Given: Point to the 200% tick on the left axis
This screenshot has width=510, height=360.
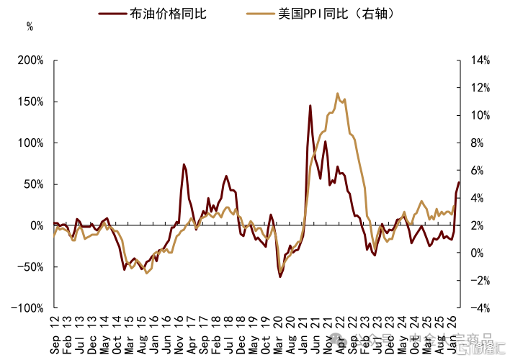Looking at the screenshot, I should pos(32,60).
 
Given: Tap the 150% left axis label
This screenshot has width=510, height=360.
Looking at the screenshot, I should pos(32,102).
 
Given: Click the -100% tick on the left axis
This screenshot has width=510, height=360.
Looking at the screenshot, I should pos(30,308).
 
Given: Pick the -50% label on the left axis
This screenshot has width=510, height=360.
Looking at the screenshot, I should pos(32,267).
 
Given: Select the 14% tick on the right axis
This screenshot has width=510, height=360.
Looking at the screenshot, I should pos(479,60).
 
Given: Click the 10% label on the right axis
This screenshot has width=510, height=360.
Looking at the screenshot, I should pos(479,115).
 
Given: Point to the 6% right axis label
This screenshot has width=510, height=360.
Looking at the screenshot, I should pos(477,171).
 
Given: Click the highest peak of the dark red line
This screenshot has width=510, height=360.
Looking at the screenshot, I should pos(310,106).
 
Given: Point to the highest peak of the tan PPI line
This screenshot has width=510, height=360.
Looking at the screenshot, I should pos(337,94).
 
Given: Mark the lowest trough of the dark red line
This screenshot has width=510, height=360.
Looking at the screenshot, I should pos(279,276).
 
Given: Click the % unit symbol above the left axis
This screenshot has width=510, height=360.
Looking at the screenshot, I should pos(30,27).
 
